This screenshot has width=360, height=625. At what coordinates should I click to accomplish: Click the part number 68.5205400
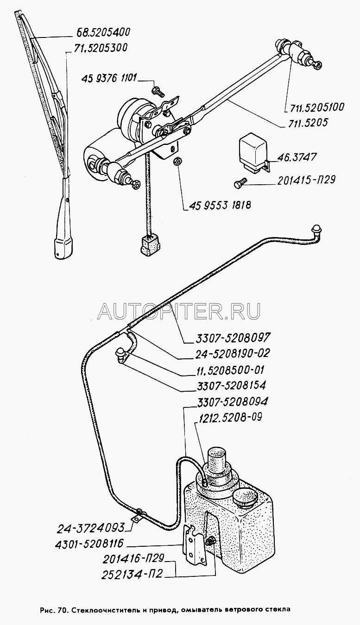pos(103,32)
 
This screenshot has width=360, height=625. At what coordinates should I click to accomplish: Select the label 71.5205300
pos(101,48)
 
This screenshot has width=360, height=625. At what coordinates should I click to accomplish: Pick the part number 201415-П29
pos(306,180)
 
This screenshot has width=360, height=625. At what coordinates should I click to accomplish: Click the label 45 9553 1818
pos(221,206)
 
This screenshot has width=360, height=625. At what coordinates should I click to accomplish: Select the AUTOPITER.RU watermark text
pos(179,311)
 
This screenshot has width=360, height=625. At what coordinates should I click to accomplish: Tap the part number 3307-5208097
pos(229,338)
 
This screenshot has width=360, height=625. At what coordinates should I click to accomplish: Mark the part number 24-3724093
pos(90,528)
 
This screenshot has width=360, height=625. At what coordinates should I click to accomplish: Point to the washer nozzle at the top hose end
pos(317,231)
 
